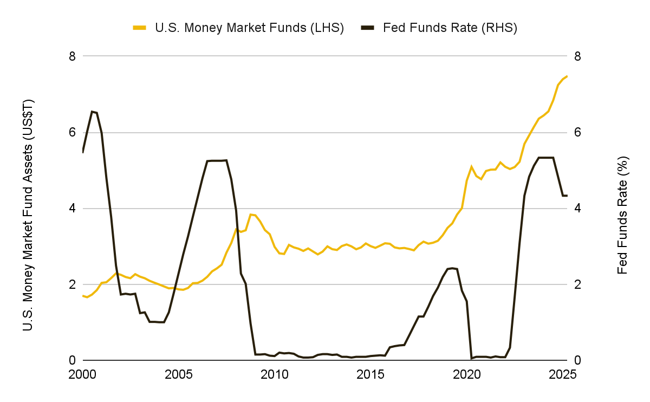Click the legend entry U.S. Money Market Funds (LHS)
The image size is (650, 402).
(249, 28)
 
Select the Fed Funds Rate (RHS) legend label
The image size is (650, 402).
(450, 28)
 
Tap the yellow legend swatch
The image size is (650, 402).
(140, 28)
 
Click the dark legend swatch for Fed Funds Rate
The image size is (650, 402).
(368, 28)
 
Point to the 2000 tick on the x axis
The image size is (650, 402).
(82, 374)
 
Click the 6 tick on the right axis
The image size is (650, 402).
(577, 133)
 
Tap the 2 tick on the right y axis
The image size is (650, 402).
(577, 284)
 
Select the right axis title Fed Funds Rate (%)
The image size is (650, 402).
(623, 215)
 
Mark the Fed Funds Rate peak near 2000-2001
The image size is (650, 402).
(92, 112)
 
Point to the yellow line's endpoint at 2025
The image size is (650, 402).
(567, 76)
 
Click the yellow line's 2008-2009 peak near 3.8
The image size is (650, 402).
(250, 215)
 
